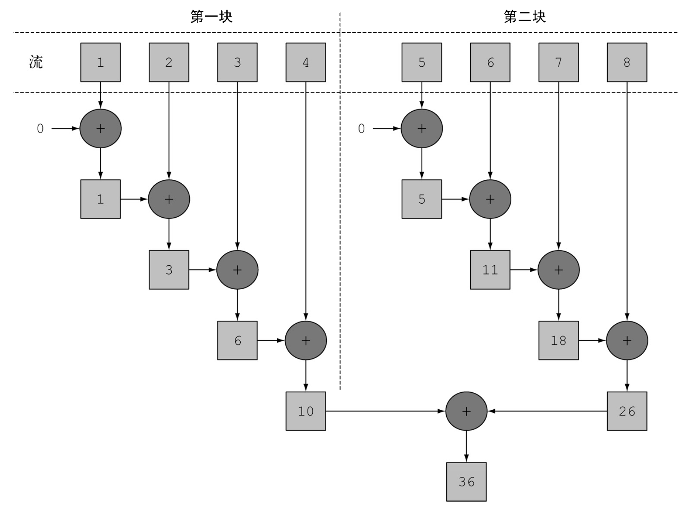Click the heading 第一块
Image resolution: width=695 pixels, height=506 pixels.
(x=211, y=17)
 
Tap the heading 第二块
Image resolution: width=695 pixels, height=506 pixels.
(x=525, y=17)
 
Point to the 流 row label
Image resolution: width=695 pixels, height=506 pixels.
(x=36, y=62)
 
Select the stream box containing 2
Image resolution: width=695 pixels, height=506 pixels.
(x=169, y=62)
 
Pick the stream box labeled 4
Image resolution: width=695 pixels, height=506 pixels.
(x=306, y=62)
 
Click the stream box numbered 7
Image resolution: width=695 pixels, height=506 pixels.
(x=558, y=62)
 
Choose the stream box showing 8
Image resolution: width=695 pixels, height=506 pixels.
(x=627, y=62)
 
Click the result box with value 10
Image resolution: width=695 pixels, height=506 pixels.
(x=306, y=411)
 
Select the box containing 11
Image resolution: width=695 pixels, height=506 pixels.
(x=490, y=270)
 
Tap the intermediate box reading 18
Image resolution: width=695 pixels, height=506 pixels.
(x=558, y=340)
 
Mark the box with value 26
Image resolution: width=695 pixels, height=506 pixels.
(x=627, y=411)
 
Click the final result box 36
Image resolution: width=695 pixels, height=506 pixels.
(x=466, y=482)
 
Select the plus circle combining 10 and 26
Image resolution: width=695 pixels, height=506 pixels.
(x=466, y=411)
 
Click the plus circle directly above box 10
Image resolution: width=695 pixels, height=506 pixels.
(x=306, y=340)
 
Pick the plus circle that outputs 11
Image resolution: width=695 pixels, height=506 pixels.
(x=490, y=199)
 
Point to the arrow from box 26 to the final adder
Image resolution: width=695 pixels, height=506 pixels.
(x=547, y=411)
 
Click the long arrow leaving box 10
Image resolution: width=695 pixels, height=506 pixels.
(x=385, y=411)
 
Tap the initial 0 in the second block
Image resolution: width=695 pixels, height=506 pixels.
(x=361, y=129)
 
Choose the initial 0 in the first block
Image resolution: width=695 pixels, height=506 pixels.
(x=40, y=129)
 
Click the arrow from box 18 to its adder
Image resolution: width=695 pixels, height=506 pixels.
(x=592, y=340)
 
